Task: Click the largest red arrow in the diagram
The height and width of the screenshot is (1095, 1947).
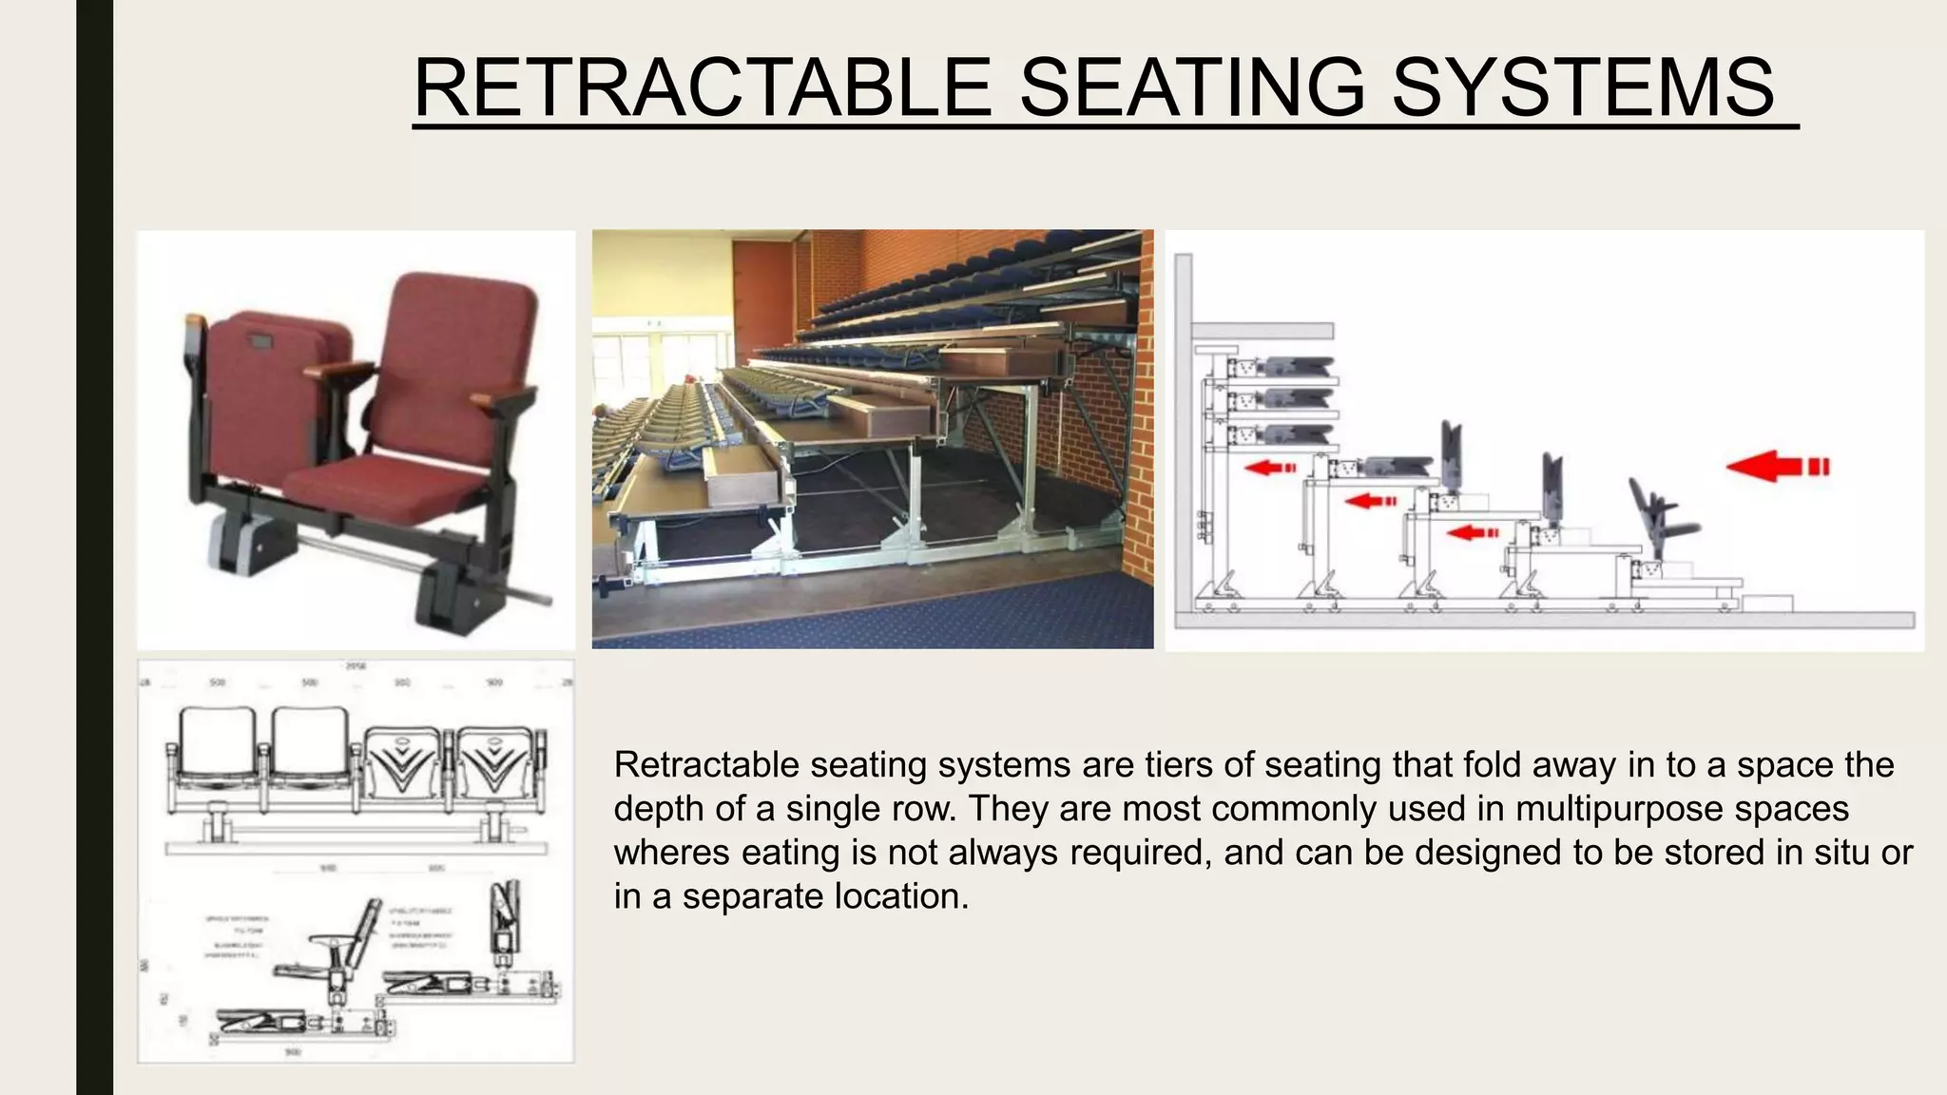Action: point(1776,467)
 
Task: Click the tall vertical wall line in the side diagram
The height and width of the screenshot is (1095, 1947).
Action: point(1181,428)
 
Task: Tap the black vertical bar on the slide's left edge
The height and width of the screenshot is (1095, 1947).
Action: point(94,547)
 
